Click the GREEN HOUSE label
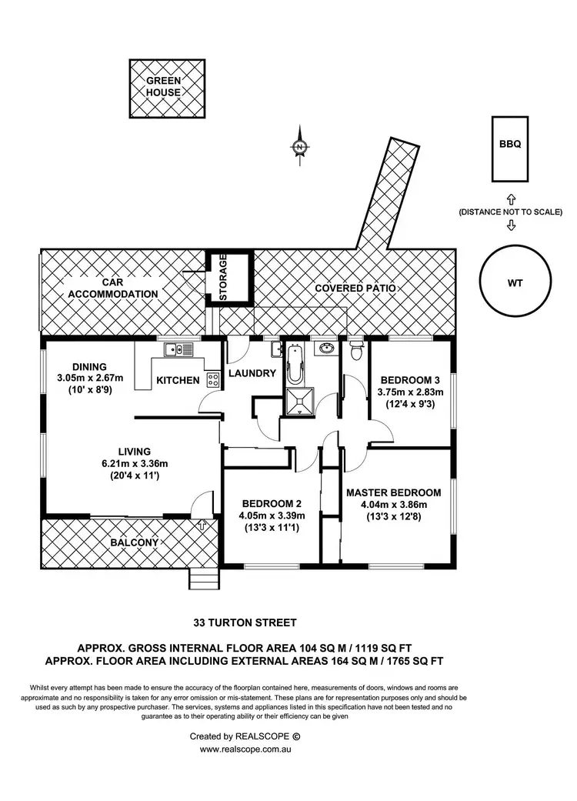click(x=165, y=86)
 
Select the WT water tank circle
click(x=515, y=282)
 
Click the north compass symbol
click(x=299, y=145)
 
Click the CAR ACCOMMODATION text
click(x=113, y=289)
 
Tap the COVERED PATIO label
click(x=355, y=288)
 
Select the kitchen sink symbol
click(x=182, y=350)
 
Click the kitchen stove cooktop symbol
click(x=212, y=379)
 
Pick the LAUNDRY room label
click(x=252, y=374)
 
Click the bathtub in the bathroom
click(x=295, y=367)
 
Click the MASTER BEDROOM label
click(x=393, y=492)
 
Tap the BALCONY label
click(x=135, y=542)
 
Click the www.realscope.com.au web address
click(x=245, y=749)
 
